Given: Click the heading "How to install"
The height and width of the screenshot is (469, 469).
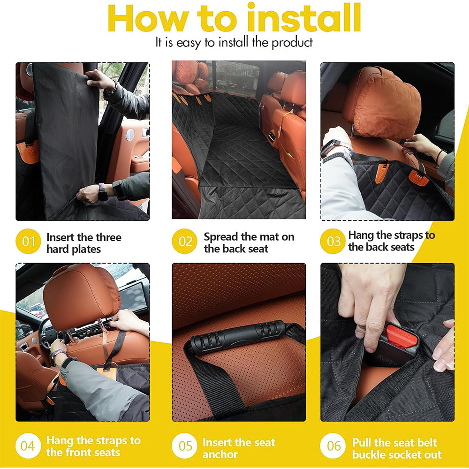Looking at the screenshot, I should (x=234, y=19).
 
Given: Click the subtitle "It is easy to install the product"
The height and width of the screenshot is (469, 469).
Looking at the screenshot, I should (x=234, y=43).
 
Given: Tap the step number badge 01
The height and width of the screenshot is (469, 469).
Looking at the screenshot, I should (x=29, y=242).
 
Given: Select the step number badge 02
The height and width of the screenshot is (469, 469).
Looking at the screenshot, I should (x=185, y=242).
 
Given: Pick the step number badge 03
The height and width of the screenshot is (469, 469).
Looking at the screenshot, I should (x=333, y=242).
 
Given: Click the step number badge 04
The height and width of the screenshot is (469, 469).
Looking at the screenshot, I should (x=28, y=446).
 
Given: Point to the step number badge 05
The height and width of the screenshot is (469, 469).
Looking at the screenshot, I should (x=185, y=446).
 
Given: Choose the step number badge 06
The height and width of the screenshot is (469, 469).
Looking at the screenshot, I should (x=333, y=446).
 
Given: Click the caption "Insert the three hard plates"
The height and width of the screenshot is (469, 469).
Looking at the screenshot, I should (x=83, y=243).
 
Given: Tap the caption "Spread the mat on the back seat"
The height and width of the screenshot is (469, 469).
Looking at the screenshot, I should (x=249, y=243).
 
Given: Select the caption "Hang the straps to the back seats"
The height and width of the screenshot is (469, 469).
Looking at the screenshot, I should (x=392, y=241).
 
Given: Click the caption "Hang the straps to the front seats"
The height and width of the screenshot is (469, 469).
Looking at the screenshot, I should (x=93, y=446).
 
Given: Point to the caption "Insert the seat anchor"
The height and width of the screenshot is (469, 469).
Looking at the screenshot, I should (x=239, y=448).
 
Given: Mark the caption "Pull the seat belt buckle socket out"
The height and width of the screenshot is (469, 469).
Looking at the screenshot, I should (x=397, y=448).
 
